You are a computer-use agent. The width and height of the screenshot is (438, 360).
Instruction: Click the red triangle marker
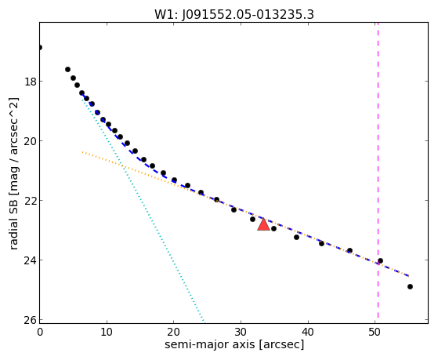(x=263, y=224)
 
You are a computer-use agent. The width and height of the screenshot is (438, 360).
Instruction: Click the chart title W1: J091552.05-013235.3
(x=234, y=15)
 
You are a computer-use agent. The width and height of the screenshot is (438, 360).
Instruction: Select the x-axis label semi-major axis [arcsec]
(x=234, y=344)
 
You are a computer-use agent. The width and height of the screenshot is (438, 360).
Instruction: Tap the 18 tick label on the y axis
(x=30, y=82)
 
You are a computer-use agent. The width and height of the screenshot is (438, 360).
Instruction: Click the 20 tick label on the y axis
(x=30, y=141)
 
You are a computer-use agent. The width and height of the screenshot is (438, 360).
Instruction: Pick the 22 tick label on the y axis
(x=30, y=201)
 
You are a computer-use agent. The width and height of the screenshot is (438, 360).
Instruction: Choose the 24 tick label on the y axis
(x=30, y=260)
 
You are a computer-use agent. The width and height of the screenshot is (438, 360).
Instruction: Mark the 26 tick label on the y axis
(x=30, y=320)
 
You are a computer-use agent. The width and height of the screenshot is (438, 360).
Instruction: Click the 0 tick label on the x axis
(x=40, y=332)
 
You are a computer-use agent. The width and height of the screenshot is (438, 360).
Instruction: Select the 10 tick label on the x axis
(x=107, y=332)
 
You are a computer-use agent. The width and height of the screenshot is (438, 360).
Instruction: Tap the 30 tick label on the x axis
(x=241, y=332)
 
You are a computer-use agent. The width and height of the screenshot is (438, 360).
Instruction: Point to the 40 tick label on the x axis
(x=308, y=332)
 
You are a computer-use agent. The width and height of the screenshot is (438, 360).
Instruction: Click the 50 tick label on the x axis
(x=375, y=332)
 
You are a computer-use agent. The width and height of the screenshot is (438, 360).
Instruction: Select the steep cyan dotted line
(x=143, y=210)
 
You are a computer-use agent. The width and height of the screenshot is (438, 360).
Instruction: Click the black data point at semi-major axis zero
(x=40, y=48)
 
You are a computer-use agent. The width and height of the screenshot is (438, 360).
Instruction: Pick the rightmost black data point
(x=410, y=287)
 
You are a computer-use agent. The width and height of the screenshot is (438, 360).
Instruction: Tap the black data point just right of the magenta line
(x=380, y=261)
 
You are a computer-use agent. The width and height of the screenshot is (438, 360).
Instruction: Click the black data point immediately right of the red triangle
(x=273, y=229)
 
